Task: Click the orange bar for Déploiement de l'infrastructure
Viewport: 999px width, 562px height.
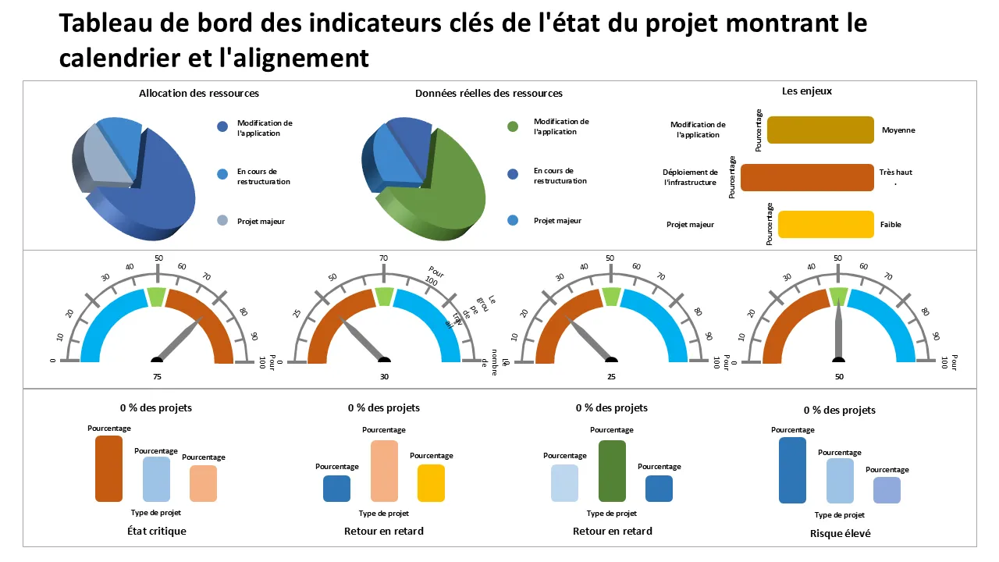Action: (x=807, y=178)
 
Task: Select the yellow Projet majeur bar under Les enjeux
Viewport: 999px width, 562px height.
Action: (x=826, y=224)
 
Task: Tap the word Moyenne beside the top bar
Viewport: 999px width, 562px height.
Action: (x=898, y=130)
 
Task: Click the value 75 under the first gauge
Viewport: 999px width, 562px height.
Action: (x=157, y=376)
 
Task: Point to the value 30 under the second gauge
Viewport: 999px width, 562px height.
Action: (x=384, y=376)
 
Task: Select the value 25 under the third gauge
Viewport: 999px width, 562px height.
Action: (x=611, y=376)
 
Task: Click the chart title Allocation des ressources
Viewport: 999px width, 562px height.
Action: (x=199, y=93)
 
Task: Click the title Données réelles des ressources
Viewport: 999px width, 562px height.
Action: (x=489, y=93)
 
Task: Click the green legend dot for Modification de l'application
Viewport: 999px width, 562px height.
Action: (x=513, y=126)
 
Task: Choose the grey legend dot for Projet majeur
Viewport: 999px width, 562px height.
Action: (x=222, y=222)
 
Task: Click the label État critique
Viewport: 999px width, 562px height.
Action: (x=157, y=531)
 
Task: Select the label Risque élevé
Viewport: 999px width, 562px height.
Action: (x=840, y=534)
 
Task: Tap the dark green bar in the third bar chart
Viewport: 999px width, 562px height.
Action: (x=612, y=471)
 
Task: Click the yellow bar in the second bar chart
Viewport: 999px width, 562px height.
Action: (x=431, y=483)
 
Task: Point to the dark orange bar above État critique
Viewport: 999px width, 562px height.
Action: (x=109, y=468)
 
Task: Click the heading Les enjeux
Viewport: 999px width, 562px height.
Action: (x=807, y=91)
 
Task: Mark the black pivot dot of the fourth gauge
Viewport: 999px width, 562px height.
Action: (x=838, y=360)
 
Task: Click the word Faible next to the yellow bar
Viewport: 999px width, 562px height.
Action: (x=891, y=224)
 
